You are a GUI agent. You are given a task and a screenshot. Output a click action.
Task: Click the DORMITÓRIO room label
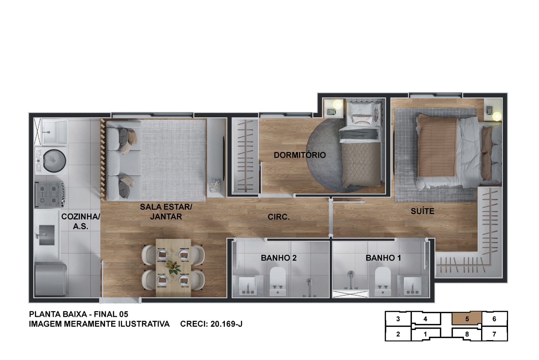click(x=300, y=155)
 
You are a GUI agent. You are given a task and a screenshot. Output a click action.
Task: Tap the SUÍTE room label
click(x=422, y=211)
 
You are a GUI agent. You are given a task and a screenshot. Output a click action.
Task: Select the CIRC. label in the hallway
click(x=279, y=217)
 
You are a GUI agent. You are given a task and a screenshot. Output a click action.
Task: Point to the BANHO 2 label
click(x=279, y=258)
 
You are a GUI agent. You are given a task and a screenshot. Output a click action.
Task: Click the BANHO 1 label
click(x=383, y=258)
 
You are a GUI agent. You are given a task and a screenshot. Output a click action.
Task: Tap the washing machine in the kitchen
click(x=51, y=160)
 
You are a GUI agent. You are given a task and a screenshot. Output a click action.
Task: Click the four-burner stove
click(x=50, y=194)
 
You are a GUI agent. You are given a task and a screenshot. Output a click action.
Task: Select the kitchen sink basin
click(x=47, y=235)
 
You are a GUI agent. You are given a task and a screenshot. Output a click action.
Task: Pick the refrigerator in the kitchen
click(x=51, y=280)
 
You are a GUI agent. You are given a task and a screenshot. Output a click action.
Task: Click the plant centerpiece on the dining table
click(x=173, y=267)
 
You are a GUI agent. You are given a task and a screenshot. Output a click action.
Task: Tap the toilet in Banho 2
click(x=278, y=281)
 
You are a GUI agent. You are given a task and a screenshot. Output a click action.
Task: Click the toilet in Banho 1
click(x=383, y=281)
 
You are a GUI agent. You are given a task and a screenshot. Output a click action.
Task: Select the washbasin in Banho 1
click(x=412, y=286)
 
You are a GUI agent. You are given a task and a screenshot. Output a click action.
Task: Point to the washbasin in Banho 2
click(x=248, y=286)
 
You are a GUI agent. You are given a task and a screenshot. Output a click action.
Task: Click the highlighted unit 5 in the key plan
click(x=467, y=319)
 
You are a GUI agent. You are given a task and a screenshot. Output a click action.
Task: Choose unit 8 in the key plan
click(x=467, y=334)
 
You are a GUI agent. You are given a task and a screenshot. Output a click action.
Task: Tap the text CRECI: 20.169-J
click(x=211, y=324)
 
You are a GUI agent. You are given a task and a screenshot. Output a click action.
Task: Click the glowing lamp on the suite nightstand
click(x=497, y=117)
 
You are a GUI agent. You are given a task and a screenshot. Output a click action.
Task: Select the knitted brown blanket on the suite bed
click(x=437, y=145)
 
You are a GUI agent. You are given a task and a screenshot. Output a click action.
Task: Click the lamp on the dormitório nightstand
click(x=337, y=104)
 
